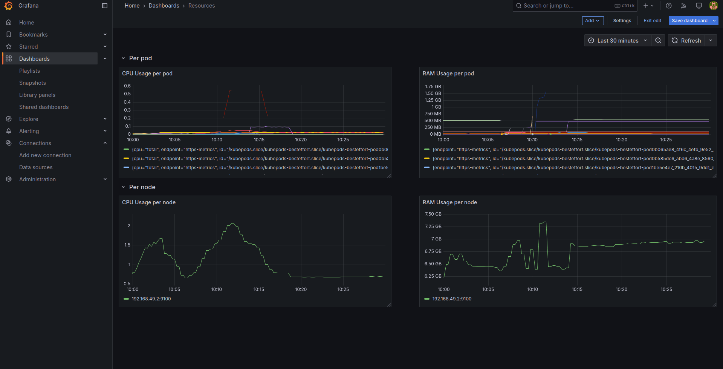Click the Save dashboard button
[689, 21]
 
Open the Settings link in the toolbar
[622, 21]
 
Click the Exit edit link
[652, 21]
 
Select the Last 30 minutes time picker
[618, 41]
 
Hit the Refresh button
[686, 41]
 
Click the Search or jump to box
[565, 6]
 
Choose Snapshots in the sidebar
[32, 83]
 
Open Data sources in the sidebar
[36, 167]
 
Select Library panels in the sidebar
[37, 95]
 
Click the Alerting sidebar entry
[29, 131]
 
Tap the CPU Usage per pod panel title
[147, 73]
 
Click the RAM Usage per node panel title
[449, 202]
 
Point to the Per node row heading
[142, 187]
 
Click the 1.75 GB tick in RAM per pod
[433, 87]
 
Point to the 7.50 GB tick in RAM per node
[433, 214]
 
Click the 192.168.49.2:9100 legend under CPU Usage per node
[151, 299]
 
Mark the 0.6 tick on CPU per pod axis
[127, 86]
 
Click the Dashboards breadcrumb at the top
[164, 6]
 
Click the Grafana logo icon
[8, 6]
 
